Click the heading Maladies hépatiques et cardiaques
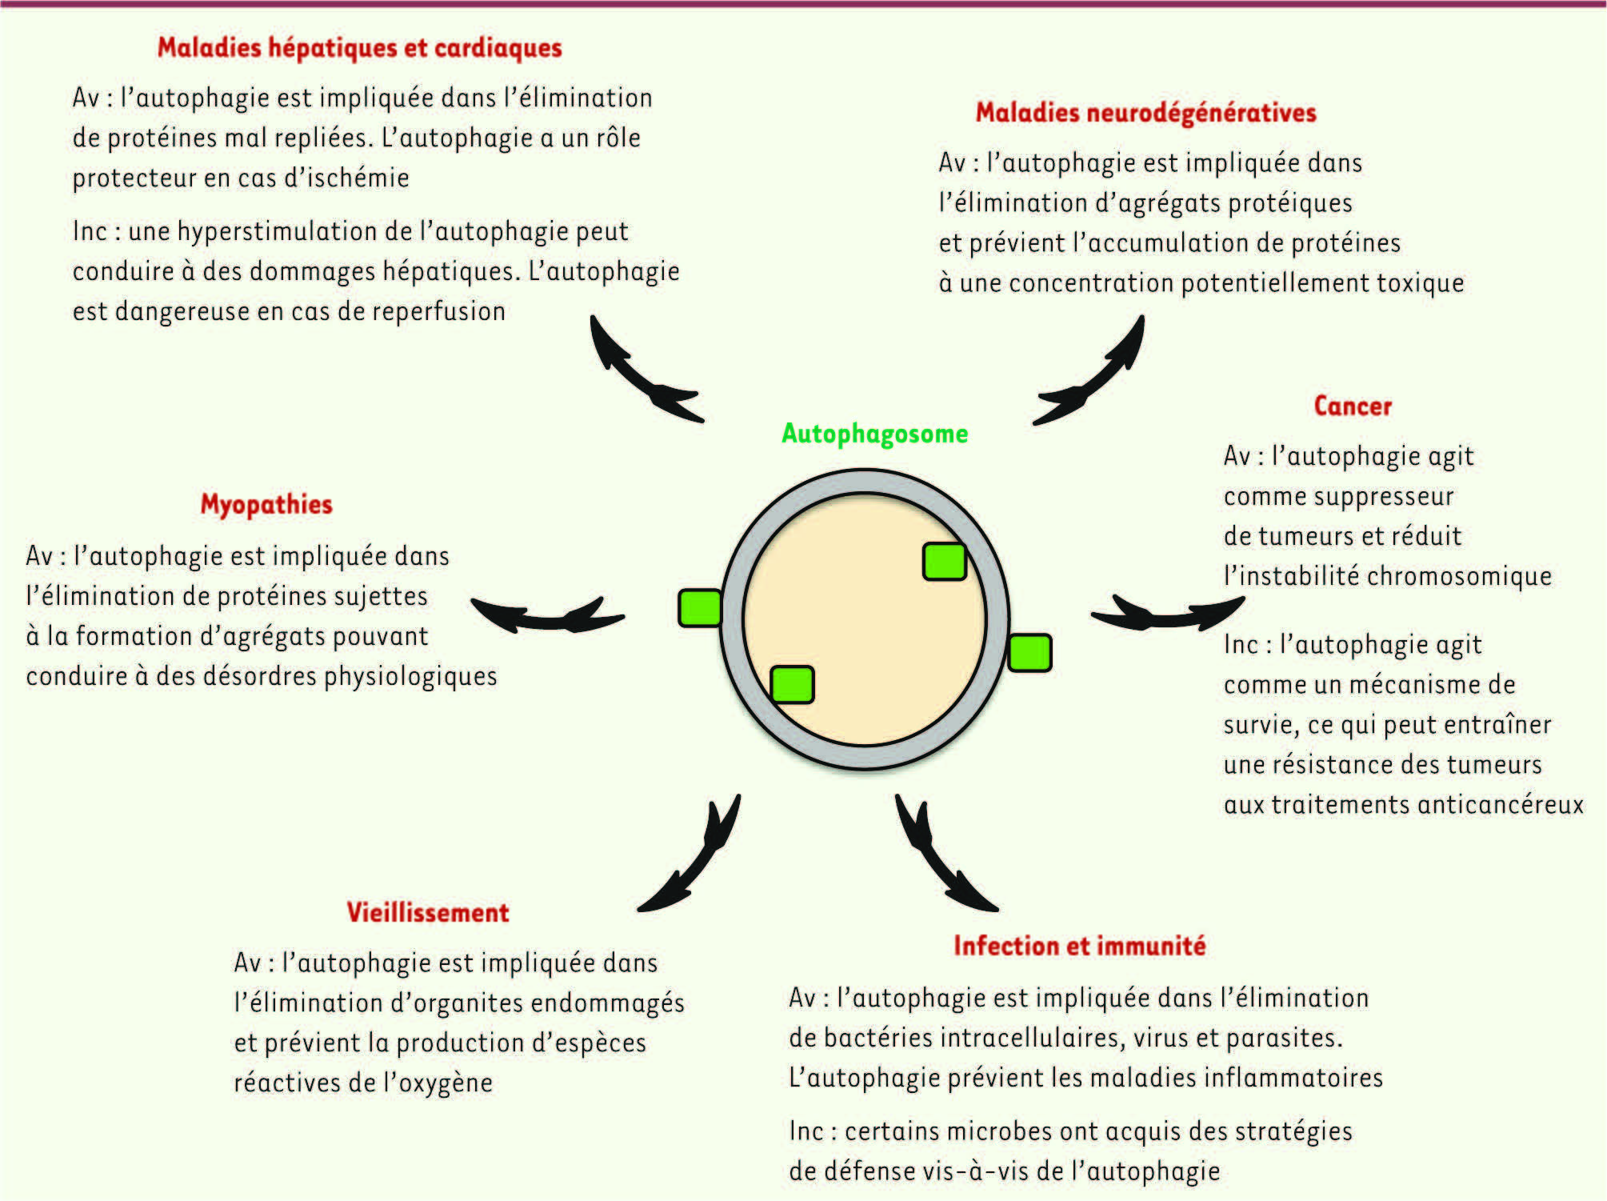pyautogui.click(x=359, y=48)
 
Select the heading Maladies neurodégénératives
pyautogui.click(x=1145, y=113)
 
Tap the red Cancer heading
pyautogui.click(x=1353, y=406)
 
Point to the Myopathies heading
pyautogui.click(x=266, y=505)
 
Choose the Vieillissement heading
pyautogui.click(x=427, y=912)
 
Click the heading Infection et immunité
pyautogui.click(x=1079, y=946)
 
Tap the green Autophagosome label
pyautogui.click(x=874, y=434)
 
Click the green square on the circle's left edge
pyautogui.click(x=700, y=608)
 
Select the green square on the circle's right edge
pyautogui.click(x=1029, y=653)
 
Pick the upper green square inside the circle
pyautogui.click(x=945, y=561)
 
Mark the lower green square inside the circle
pyautogui.click(x=792, y=685)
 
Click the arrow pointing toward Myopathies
pyautogui.click(x=547, y=615)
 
